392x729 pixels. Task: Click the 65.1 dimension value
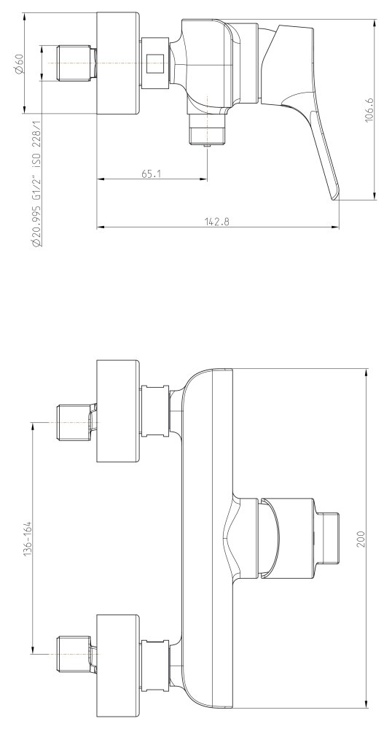(x=151, y=174)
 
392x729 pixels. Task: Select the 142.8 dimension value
(x=217, y=222)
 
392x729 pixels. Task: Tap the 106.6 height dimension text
(x=369, y=110)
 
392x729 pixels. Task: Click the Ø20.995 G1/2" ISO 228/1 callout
(x=36, y=183)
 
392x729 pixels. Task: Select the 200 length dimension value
(x=361, y=539)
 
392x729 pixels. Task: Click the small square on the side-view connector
(x=155, y=63)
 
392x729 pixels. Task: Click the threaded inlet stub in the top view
(x=77, y=63)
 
